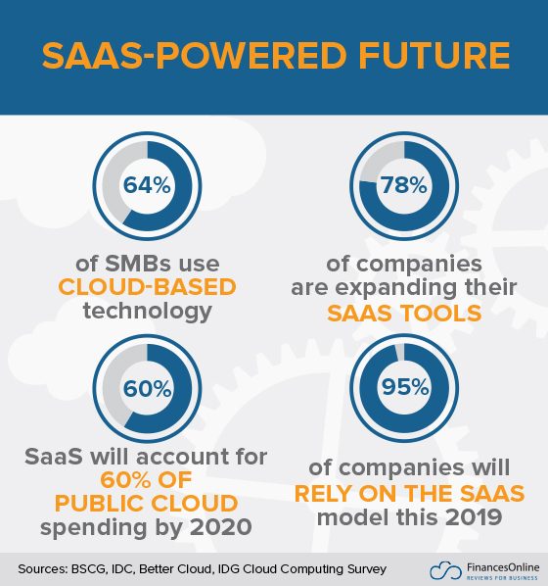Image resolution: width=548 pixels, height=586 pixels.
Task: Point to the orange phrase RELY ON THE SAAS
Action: click(404, 491)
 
